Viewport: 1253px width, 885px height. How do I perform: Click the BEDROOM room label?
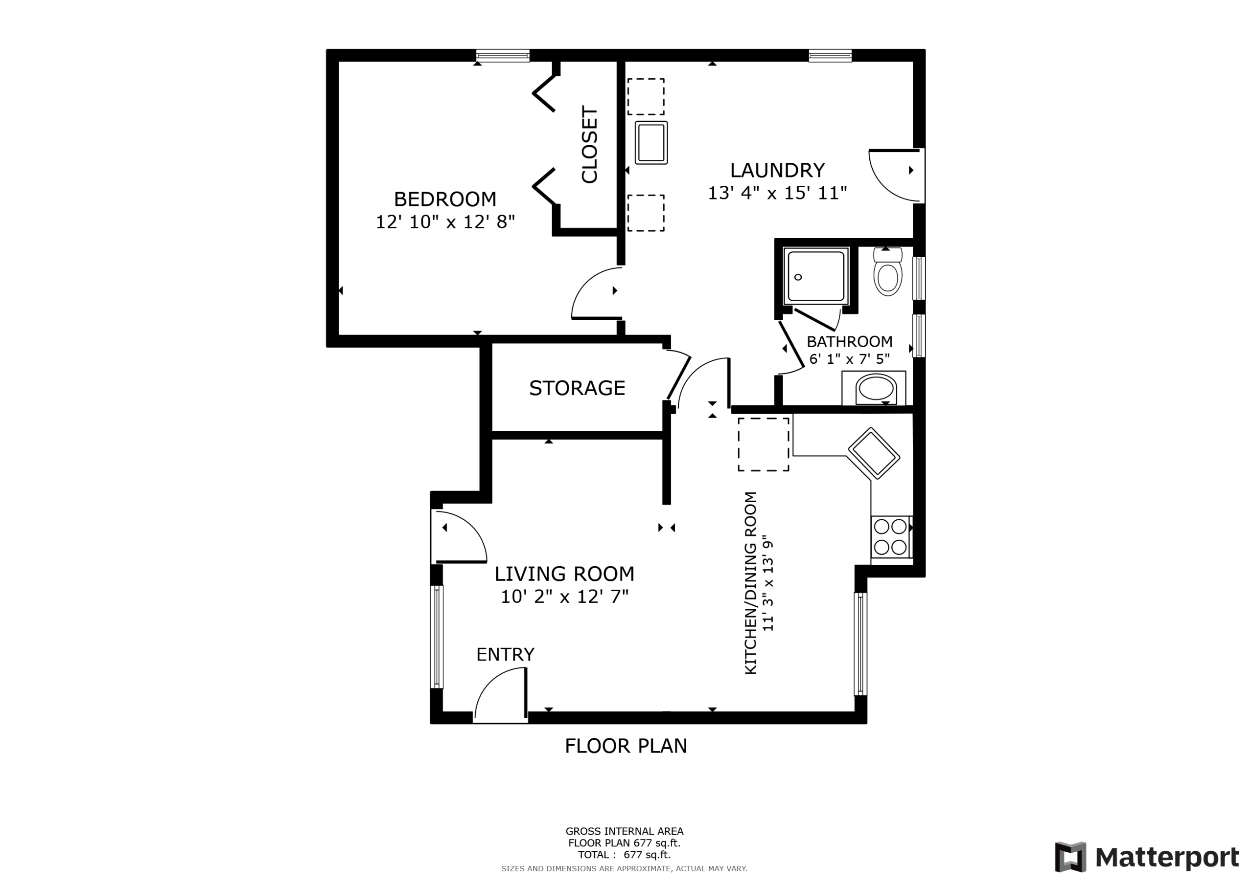point(445,199)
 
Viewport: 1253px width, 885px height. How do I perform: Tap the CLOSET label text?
point(590,145)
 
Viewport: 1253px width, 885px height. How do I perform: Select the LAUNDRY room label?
point(777,170)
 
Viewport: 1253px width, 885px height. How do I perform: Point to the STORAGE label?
point(577,388)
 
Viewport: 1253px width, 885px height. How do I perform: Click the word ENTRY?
point(505,654)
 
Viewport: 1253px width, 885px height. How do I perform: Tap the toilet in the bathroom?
point(887,271)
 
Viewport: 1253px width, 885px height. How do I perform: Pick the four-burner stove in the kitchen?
point(891,537)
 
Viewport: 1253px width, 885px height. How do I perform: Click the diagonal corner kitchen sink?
point(874,454)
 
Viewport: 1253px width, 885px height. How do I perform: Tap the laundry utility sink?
point(651,142)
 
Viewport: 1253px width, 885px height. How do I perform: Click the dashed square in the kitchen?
point(764,444)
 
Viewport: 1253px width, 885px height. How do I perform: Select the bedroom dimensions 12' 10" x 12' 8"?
point(445,222)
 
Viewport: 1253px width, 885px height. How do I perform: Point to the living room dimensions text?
point(564,597)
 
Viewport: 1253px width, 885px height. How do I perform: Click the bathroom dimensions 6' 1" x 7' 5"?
point(849,359)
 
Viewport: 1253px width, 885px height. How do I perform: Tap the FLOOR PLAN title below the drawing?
point(626,746)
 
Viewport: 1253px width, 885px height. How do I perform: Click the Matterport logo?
point(1147,857)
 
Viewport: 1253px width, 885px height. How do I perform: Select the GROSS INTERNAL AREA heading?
point(625,832)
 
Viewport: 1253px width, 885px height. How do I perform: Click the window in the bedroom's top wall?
point(503,56)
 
